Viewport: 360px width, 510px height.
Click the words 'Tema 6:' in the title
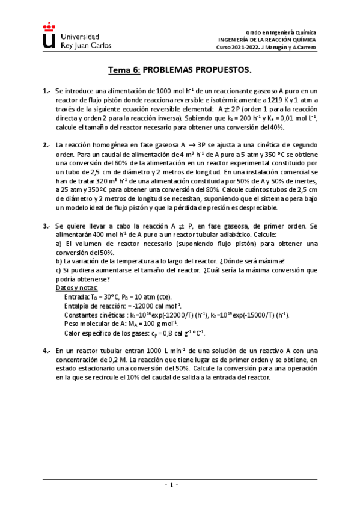tap(124, 70)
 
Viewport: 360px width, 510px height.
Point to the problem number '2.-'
tap(47, 146)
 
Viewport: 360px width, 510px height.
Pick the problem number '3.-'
tap(47, 226)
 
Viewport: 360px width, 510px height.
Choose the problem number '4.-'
tap(47, 350)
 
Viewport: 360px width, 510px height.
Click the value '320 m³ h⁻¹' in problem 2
tap(95, 182)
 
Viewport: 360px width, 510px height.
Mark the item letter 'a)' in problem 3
tap(59, 244)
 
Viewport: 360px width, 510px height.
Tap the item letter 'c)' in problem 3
tap(59, 271)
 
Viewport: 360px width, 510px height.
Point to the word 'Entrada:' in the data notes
tap(76, 297)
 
